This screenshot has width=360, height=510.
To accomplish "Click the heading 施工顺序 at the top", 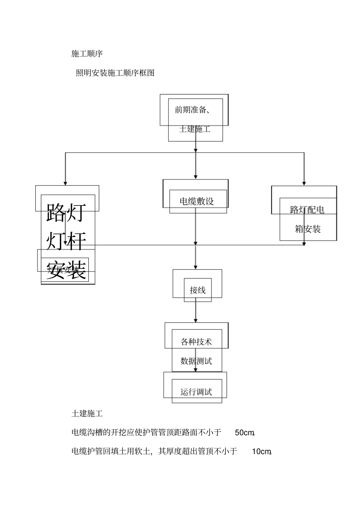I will click(87, 53).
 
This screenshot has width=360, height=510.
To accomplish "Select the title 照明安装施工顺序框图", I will click(115, 73).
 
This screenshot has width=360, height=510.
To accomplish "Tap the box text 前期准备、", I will click(193, 110).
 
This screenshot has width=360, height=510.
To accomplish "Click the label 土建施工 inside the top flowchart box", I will click(195, 129).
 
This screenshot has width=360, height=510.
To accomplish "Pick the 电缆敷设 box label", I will click(197, 201).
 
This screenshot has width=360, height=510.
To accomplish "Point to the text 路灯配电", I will click(307, 210).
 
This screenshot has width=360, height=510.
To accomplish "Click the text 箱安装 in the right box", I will click(308, 229).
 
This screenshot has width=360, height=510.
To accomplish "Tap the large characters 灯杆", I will click(66, 241).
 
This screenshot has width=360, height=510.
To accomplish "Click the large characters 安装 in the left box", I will click(66, 270).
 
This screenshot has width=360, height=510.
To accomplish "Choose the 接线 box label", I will click(197, 290).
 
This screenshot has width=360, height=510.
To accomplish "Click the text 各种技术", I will click(196, 342).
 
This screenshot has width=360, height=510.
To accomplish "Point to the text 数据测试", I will click(196, 361).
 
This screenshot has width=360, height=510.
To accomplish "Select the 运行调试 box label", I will click(196, 392).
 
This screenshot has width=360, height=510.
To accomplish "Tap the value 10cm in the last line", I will click(261, 452).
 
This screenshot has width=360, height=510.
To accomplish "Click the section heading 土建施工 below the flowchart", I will click(87, 414).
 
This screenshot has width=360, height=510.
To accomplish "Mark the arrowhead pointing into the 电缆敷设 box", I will click(196, 177).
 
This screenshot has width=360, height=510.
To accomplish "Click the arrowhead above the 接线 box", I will click(196, 267).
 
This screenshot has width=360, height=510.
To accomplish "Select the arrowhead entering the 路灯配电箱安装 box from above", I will click(304, 183).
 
